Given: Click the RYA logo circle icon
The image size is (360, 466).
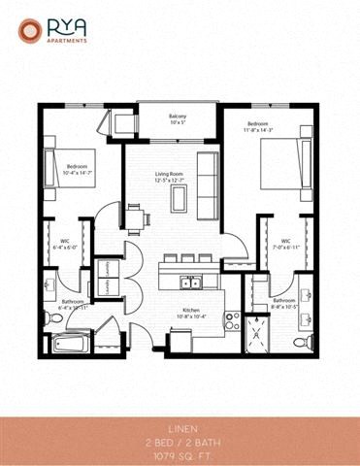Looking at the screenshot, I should [x=28, y=32].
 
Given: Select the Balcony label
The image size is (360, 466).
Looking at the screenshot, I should [x=177, y=116].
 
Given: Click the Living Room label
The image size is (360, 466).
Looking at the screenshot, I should [x=176, y=171].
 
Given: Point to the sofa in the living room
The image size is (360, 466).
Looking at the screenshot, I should [x=206, y=176].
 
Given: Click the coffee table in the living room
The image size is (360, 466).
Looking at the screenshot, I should [x=178, y=198].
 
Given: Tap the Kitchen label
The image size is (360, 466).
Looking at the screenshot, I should [x=191, y=310].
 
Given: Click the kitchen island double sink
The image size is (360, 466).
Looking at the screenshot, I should [x=194, y=283].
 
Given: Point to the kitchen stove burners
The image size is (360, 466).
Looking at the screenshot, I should [x=232, y=321].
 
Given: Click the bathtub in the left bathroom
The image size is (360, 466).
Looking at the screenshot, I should [x=71, y=343].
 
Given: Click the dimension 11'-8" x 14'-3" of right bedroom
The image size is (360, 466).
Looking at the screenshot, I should [x=258, y=131].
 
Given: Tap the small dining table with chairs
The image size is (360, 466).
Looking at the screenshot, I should [x=135, y=215].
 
